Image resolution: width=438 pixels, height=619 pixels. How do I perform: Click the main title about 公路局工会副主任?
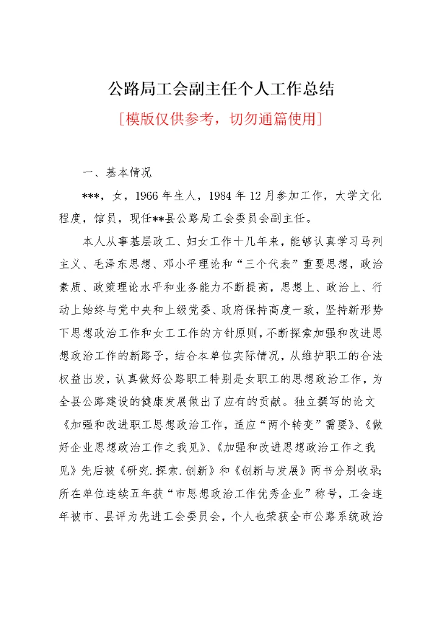tap(221, 89)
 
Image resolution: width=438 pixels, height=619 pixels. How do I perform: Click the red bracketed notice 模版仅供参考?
tap(221, 119)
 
